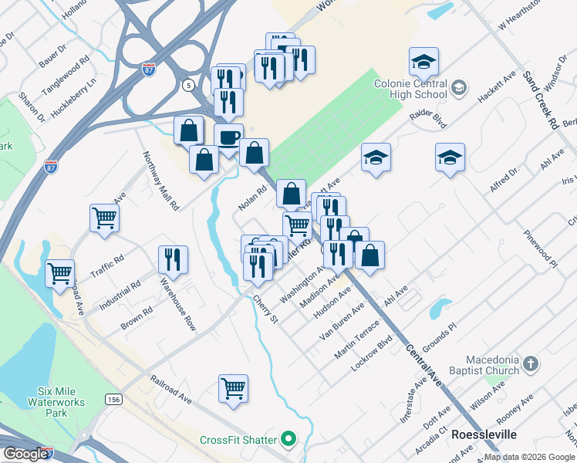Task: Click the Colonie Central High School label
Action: pos(410,89)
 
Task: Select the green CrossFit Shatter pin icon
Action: pos(288,440)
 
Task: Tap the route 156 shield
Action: pos(114,399)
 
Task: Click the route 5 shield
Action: pos(189,85)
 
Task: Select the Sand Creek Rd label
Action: pos(542,100)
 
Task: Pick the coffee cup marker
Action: pos(228,138)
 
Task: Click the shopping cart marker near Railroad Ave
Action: pos(233,388)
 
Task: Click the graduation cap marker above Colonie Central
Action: pos(423,62)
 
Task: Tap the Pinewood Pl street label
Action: pos(540,248)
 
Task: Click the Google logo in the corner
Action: pos(26,454)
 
